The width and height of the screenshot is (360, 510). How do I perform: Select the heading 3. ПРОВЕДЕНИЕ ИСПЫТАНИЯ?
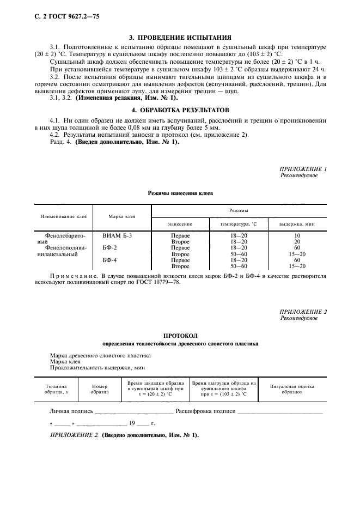pos(180,38)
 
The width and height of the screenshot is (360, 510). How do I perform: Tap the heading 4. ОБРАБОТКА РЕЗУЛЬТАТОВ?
pos(180,110)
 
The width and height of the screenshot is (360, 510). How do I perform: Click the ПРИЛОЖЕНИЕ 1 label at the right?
pos(303,169)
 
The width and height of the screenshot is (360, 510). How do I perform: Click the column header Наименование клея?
pos(64,216)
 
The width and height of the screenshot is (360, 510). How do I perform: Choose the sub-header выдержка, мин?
pos(297,224)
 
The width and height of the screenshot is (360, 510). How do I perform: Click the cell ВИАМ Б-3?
pos(117,235)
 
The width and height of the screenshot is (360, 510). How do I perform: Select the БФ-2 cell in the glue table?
pos(110,247)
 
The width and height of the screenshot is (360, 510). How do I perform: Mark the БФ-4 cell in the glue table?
pos(110,260)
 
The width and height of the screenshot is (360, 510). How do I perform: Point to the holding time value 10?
pos(297,235)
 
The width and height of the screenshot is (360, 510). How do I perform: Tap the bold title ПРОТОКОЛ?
pos(180,336)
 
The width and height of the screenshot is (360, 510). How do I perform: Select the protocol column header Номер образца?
pos(100,388)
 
